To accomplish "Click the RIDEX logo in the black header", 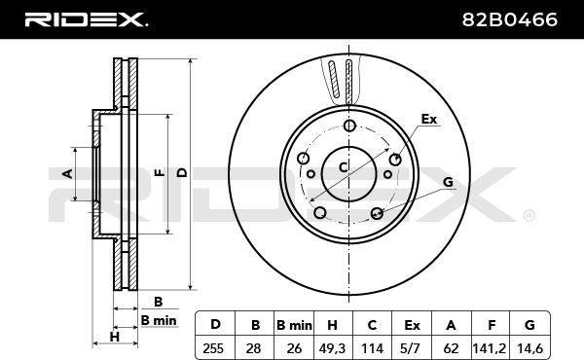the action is pos(86,19).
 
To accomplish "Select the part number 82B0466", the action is pos(509,19).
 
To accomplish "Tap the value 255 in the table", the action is pos(213,348).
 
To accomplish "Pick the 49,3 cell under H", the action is pos(332,348).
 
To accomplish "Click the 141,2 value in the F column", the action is pos(490,348).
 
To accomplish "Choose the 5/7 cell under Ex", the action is pos(412,348).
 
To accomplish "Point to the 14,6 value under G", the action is pos(529,348).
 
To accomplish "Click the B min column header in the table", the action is pos(294,325).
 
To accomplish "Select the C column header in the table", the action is pos(372,325).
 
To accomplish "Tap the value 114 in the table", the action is pos(372,348).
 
